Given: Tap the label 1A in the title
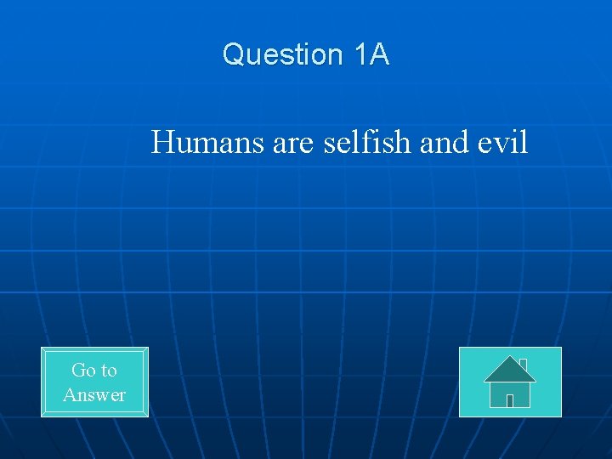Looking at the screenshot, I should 371,55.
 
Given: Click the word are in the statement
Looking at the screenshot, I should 294,143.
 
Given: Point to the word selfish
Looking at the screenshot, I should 368,143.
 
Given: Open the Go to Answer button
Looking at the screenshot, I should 94,382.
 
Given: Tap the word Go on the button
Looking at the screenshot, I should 82,370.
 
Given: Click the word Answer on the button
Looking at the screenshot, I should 94,394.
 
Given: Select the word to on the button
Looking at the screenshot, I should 108,370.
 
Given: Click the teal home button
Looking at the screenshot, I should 510,382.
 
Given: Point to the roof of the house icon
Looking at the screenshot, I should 509,370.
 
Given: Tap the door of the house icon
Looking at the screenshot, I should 510,400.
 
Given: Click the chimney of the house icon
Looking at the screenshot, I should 524,365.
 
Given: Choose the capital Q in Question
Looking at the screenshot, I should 233,55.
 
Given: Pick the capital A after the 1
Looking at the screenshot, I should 379,55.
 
